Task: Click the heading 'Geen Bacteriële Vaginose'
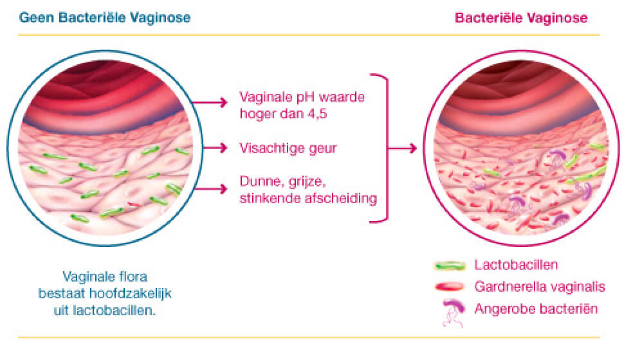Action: (x=105, y=18)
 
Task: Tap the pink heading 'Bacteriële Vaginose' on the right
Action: (x=521, y=18)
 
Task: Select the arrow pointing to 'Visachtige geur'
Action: (x=216, y=148)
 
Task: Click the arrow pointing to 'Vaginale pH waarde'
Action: (x=210, y=103)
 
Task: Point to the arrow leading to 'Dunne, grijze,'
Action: (x=211, y=188)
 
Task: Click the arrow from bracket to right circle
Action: (x=402, y=148)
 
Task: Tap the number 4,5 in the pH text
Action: (x=317, y=114)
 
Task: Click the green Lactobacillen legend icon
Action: (x=450, y=265)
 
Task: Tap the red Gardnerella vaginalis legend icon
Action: (x=450, y=287)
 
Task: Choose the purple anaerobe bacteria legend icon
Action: (x=454, y=312)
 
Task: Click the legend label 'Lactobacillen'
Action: (x=516, y=265)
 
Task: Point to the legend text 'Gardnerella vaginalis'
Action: (x=540, y=287)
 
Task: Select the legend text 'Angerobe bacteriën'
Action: (x=536, y=309)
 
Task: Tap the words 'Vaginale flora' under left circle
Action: (x=105, y=276)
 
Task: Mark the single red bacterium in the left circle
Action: (x=134, y=204)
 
